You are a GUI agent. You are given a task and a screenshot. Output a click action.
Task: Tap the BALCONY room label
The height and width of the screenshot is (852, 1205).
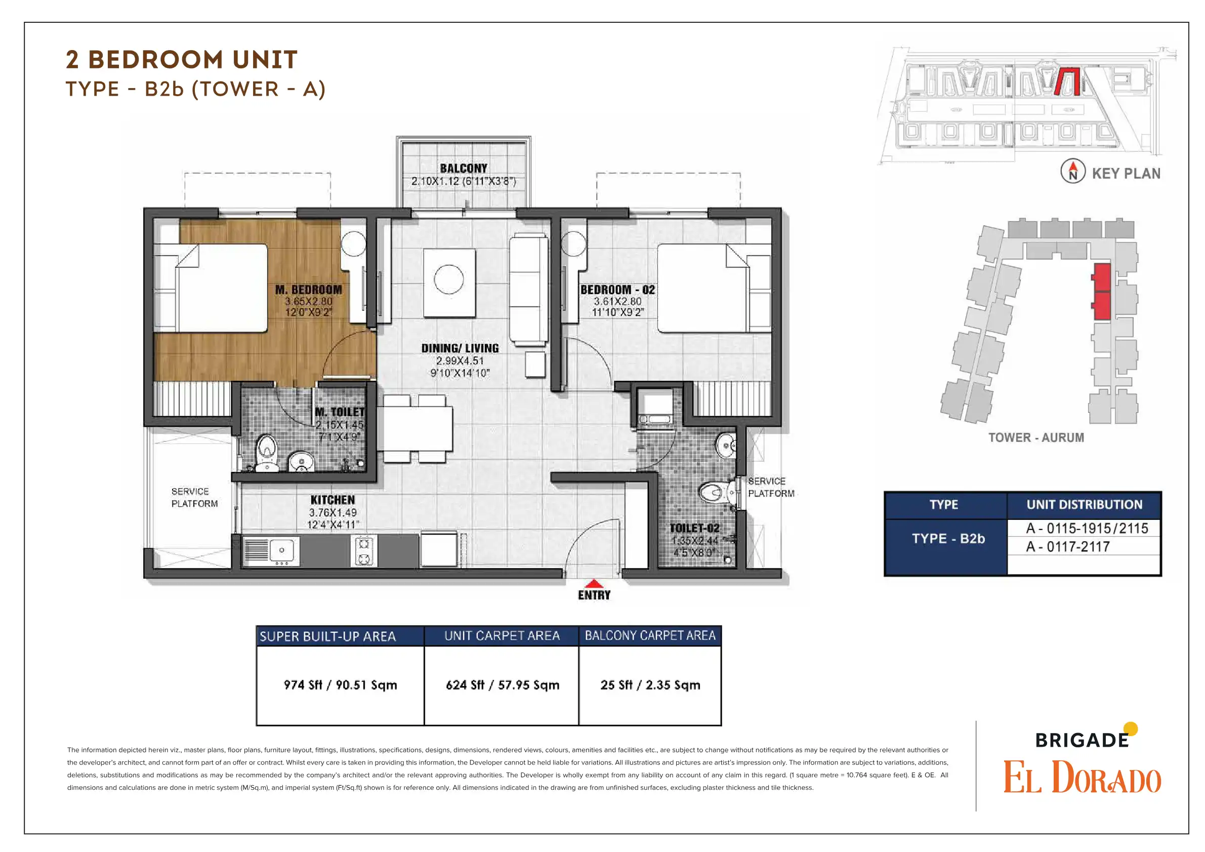click(x=464, y=169)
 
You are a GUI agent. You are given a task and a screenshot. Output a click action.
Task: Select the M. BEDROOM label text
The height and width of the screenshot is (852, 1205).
click(x=309, y=290)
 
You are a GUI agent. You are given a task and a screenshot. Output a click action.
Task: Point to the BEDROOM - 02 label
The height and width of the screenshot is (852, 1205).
click(x=618, y=290)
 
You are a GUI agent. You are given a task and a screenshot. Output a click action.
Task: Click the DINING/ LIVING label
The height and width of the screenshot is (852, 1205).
click(x=460, y=348)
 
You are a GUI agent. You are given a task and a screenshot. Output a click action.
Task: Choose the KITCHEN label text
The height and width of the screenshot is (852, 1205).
click(x=333, y=500)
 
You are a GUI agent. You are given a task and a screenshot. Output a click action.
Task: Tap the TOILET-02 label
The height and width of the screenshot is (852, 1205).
click(x=694, y=528)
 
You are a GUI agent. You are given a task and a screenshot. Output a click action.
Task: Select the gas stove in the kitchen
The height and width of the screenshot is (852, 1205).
click(x=364, y=551)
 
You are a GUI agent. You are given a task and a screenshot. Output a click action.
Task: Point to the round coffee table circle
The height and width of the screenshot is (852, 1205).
click(x=449, y=279)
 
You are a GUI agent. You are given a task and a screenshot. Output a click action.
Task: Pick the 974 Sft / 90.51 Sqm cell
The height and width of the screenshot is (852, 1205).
click(x=340, y=685)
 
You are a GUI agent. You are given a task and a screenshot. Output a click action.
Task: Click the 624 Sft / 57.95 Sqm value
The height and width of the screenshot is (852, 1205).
click(x=502, y=685)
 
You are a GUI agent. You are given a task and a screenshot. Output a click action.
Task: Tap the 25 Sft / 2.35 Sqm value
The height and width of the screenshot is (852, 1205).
click(x=650, y=685)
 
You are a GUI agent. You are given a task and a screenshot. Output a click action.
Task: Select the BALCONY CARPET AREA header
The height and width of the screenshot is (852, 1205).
click(x=650, y=636)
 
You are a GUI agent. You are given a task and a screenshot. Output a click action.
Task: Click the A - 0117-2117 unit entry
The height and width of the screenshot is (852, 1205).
click(x=1067, y=547)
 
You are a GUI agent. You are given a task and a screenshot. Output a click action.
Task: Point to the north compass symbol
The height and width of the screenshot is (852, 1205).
click(x=1073, y=171)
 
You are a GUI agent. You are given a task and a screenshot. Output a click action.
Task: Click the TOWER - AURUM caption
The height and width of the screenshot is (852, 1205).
click(x=1036, y=437)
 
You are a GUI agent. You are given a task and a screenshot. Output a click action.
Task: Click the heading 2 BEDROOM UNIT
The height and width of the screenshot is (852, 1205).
click(x=182, y=59)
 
